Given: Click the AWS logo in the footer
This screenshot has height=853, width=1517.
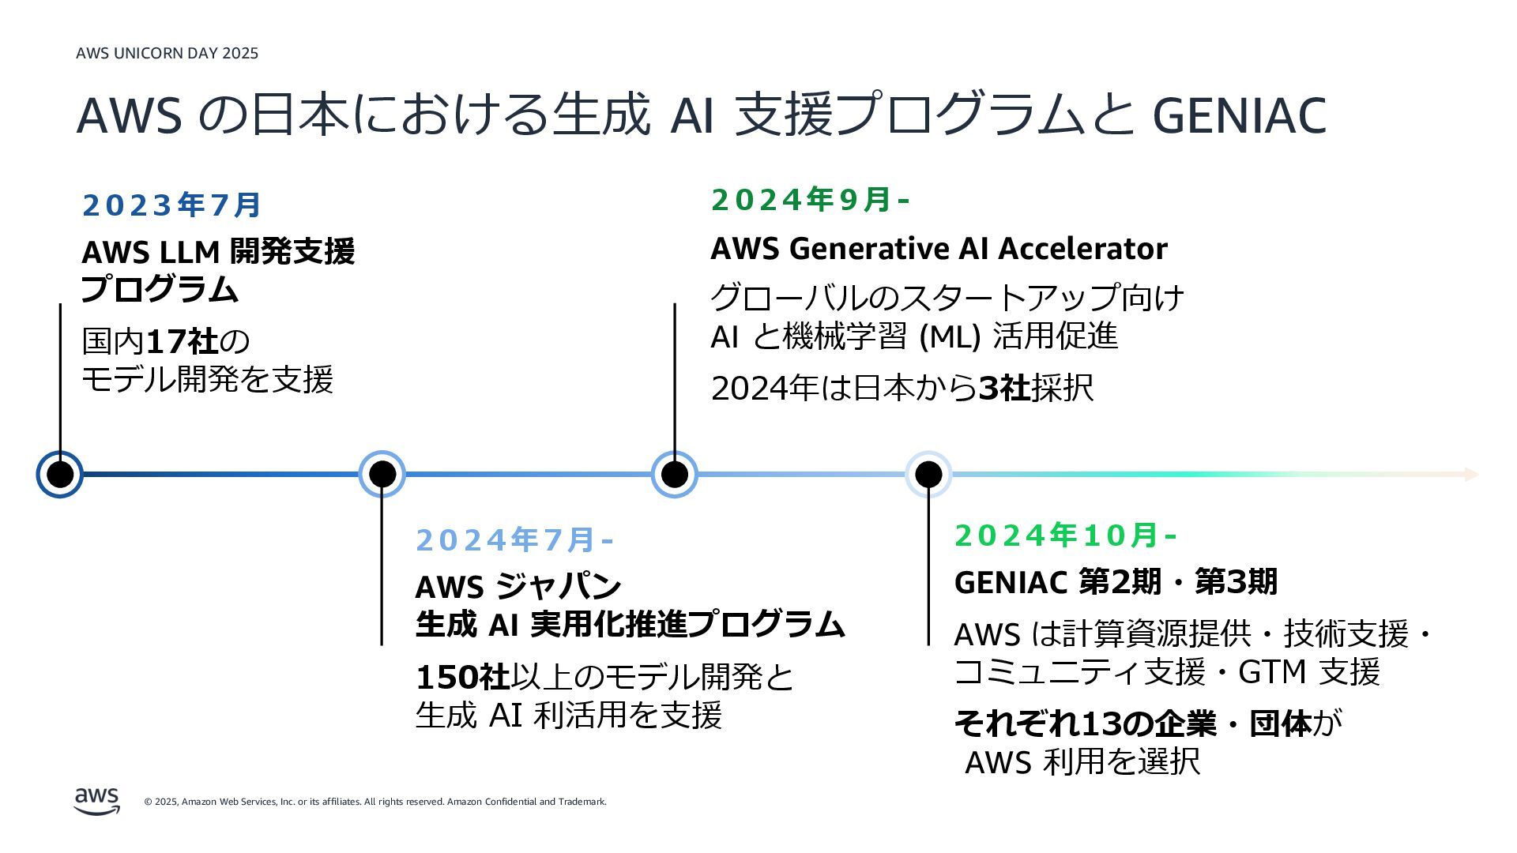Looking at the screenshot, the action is (97, 800).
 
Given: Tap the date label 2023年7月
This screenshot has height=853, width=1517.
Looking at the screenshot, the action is (171, 205).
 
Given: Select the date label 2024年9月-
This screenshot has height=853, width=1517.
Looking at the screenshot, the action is (810, 200).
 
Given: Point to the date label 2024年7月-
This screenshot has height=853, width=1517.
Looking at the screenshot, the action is (514, 540).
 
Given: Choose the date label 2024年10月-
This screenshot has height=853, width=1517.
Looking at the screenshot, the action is (1065, 535).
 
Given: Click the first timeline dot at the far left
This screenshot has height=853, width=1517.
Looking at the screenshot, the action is (60, 475).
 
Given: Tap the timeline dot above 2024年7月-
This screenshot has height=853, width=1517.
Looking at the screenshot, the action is (382, 475).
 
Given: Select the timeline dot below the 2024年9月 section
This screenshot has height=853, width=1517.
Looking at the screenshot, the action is (674, 475).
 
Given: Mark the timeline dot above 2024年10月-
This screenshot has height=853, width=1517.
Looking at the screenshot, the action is (928, 475).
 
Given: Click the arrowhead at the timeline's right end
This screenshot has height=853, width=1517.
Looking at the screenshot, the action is (1470, 475).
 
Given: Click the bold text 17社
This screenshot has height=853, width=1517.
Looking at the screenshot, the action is (183, 342).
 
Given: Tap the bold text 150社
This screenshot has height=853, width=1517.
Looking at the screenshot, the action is (462, 677).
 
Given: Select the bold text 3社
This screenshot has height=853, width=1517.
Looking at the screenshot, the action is (1004, 389).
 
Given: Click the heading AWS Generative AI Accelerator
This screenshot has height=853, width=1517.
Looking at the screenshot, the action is (939, 249).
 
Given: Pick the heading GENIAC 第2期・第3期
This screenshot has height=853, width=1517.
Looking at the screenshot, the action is (1115, 582).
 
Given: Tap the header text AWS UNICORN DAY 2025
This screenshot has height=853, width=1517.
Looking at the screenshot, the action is (167, 54).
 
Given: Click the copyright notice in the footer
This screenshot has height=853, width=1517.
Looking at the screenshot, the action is (375, 802).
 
